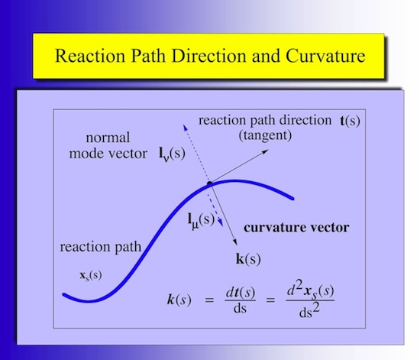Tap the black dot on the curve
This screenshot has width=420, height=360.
(x=208, y=183)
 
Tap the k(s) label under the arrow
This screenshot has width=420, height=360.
(x=248, y=259)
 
